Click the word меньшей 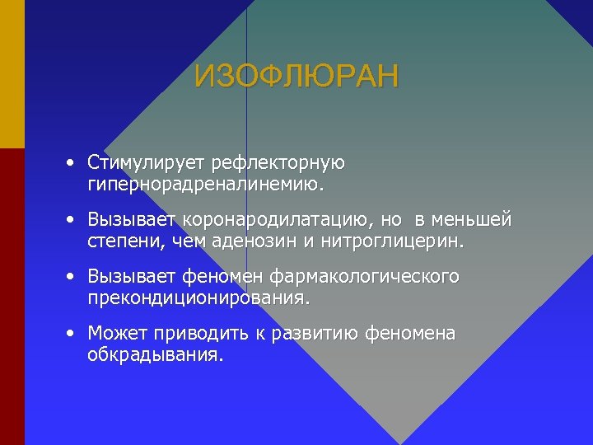pyautogui.click(x=478, y=220)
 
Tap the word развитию pyautogui.click(x=301, y=334)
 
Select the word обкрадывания pyautogui.click(x=155, y=355)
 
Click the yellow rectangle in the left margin pyautogui.click(x=12, y=74)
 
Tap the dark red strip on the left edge pyautogui.click(x=12, y=297)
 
